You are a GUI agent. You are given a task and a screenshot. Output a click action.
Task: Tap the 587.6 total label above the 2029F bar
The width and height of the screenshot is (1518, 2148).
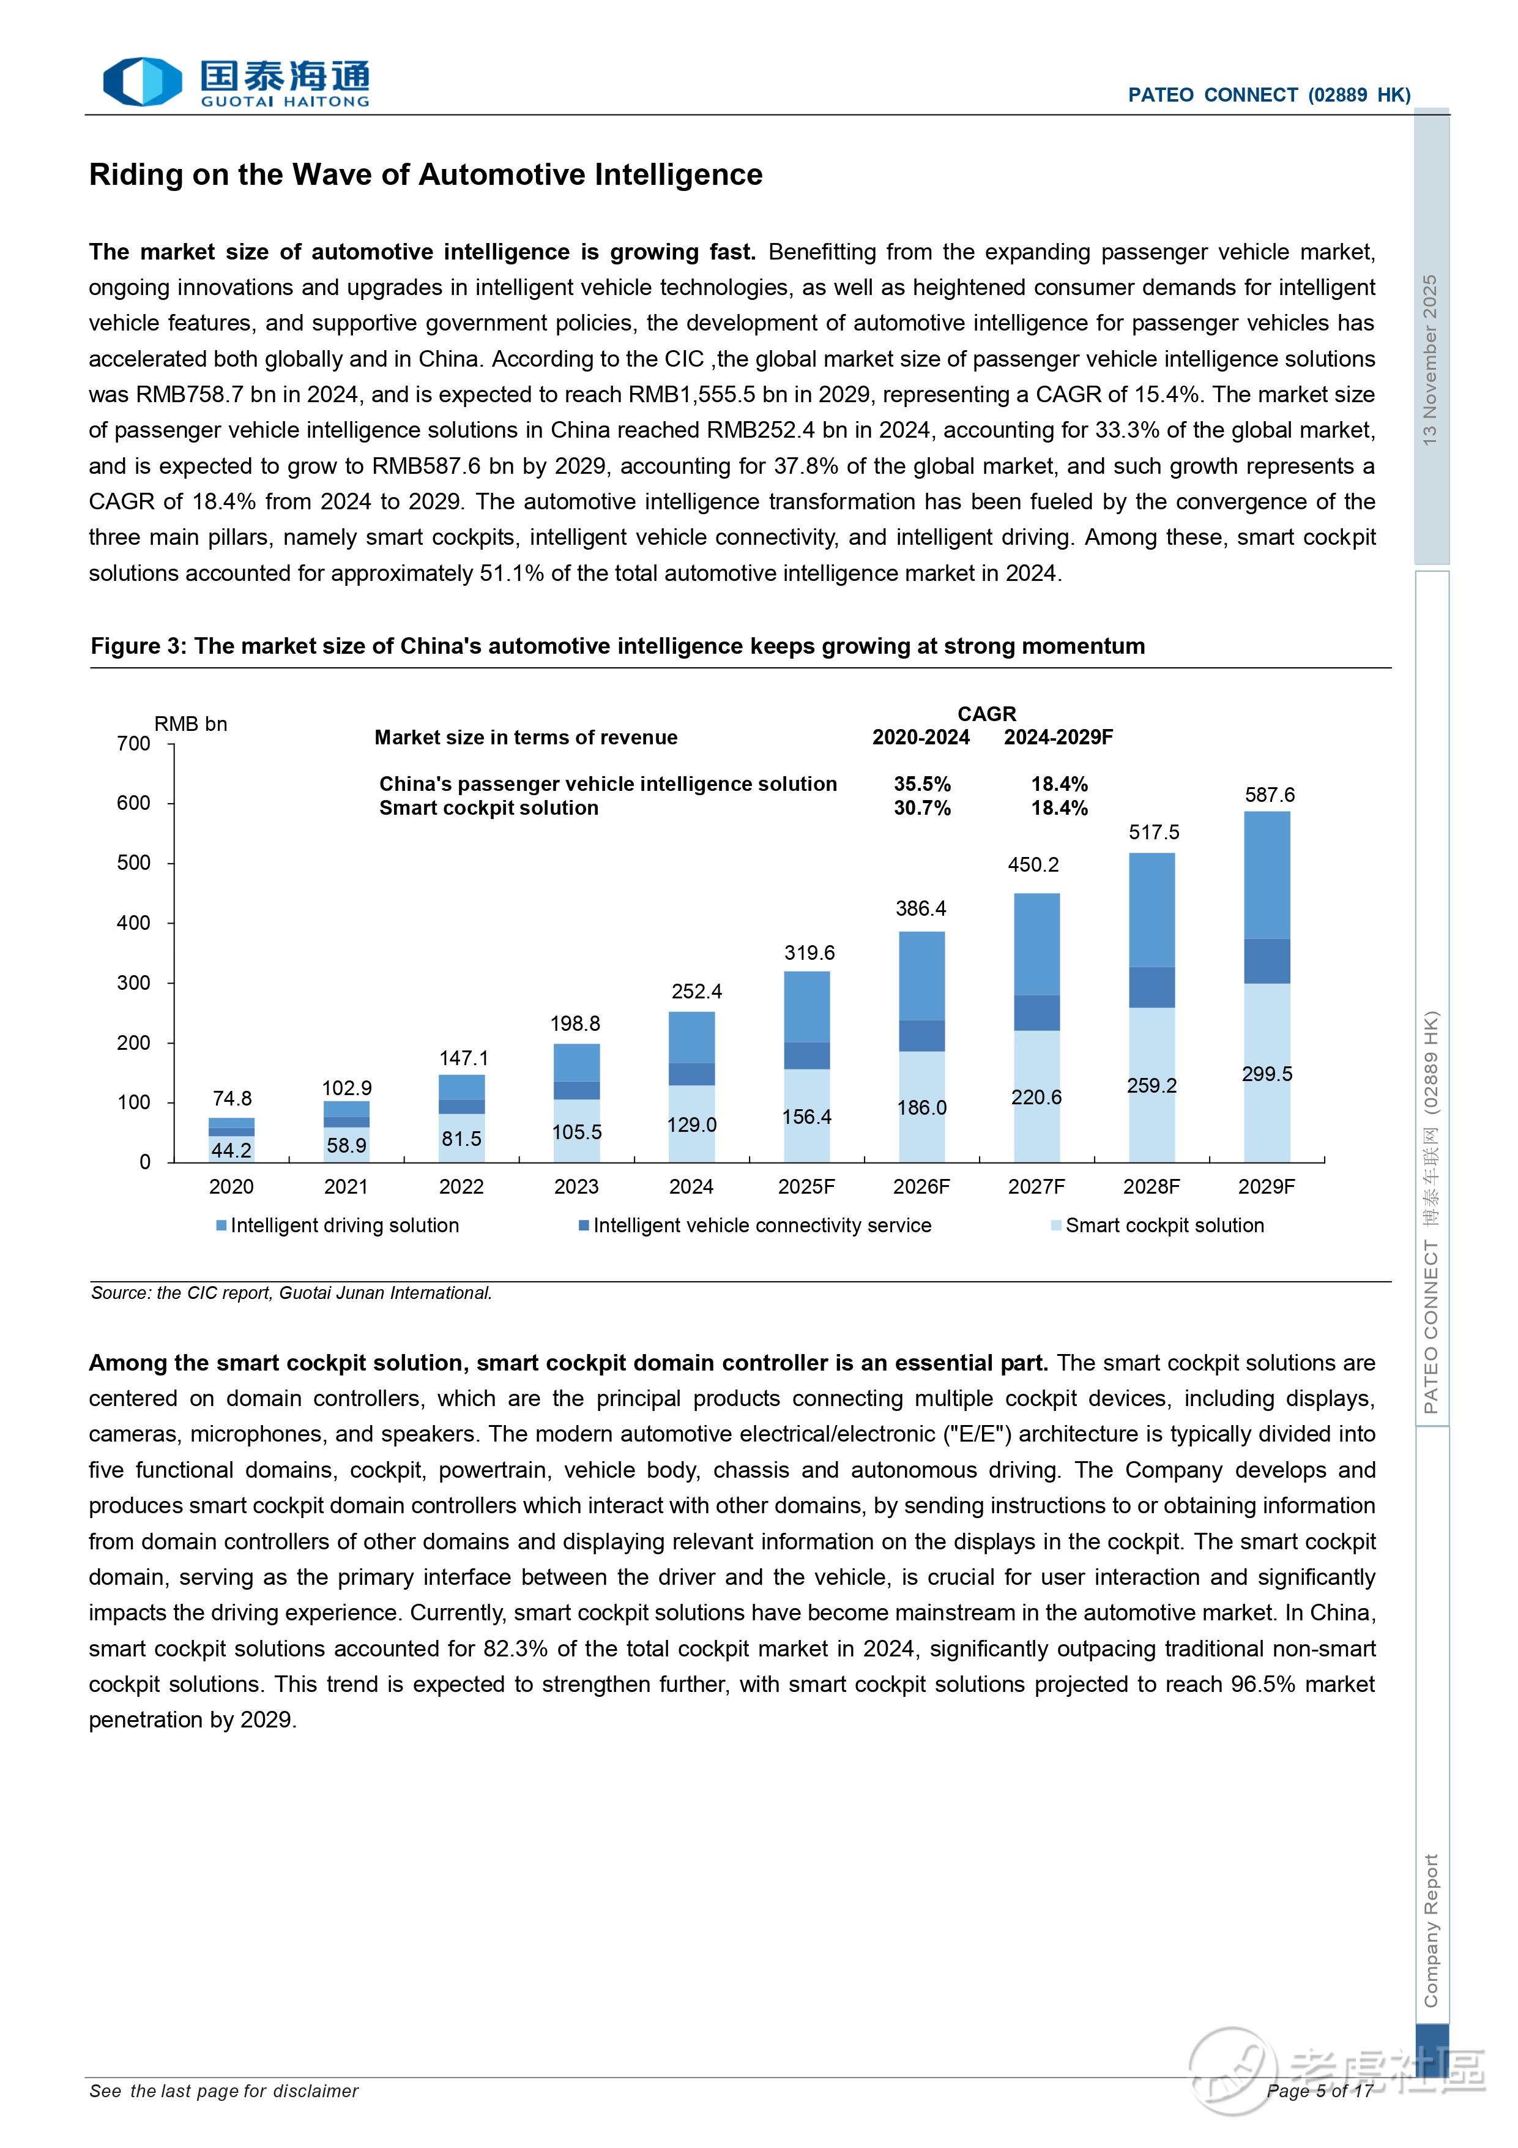tap(1269, 795)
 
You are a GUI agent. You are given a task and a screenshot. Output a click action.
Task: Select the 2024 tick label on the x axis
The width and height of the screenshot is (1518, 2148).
tap(691, 1187)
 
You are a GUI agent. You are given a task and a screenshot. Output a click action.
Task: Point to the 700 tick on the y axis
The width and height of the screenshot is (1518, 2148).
tap(134, 744)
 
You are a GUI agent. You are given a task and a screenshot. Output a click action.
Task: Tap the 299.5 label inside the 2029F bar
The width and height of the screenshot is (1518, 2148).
tap(1267, 1074)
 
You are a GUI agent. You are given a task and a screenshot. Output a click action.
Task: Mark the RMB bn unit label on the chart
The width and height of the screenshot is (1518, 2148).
tap(191, 724)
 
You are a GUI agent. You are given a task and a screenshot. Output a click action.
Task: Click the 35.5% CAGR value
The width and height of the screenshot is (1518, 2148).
tap(922, 784)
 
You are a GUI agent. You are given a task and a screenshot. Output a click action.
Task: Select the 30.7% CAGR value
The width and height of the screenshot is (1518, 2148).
tap(922, 808)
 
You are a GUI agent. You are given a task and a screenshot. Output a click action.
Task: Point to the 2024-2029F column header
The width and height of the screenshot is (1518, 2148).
tap(1059, 737)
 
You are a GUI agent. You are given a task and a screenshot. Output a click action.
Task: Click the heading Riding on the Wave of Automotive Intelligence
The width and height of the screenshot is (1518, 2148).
tap(426, 175)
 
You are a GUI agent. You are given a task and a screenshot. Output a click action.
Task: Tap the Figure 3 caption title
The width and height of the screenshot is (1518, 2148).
tap(617, 646)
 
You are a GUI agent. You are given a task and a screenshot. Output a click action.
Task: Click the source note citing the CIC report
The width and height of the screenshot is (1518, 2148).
tap(291, 1293)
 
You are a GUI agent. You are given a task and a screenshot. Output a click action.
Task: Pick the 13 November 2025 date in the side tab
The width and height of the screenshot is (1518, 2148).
tap(1430, 360)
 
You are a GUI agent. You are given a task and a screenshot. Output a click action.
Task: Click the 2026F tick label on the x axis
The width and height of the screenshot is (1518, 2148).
tap(921, 1187)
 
